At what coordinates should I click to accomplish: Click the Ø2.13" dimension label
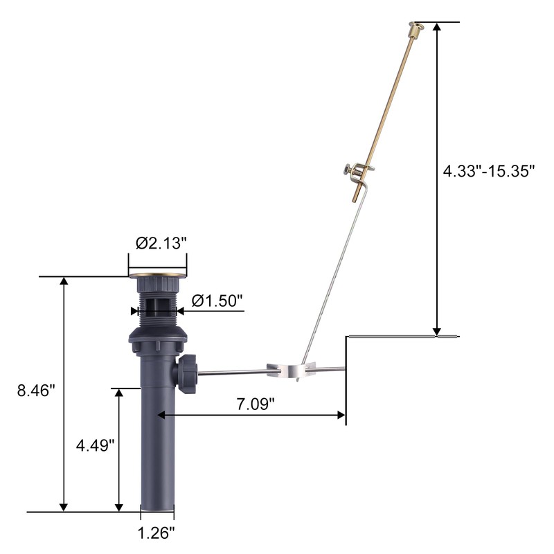(161, 243)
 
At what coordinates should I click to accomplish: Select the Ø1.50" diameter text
(217, 301)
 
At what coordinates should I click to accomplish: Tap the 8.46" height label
(37, 391)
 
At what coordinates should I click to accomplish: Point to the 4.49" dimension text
(96, 445)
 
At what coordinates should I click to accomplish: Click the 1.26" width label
(156, 533)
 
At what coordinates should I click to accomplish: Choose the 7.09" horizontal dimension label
(255, 404)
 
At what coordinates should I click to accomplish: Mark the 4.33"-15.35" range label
(489, 171)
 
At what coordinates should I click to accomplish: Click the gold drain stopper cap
(157, 274)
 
